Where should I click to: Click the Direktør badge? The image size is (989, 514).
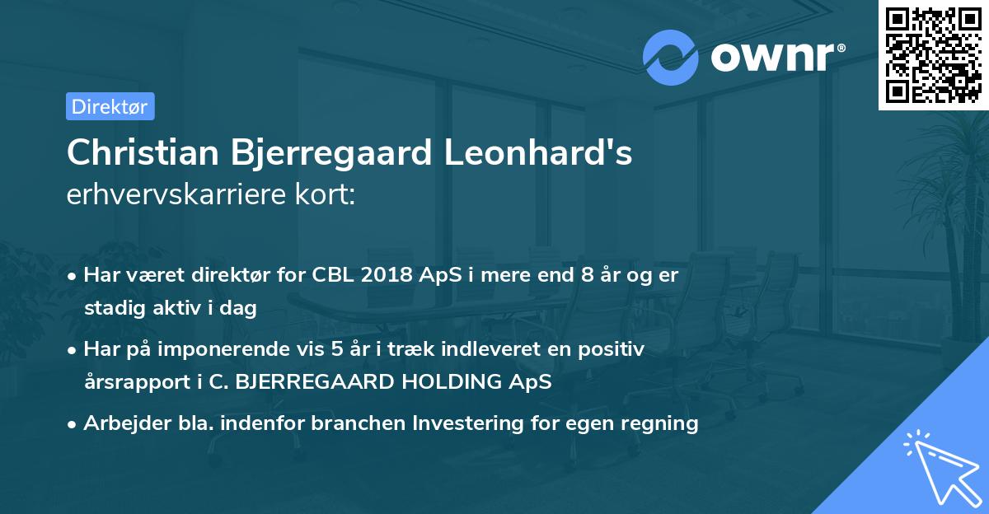(110, 106)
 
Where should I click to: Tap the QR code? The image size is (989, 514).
(933, 54)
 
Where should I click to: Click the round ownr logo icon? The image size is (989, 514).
(671, 57)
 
